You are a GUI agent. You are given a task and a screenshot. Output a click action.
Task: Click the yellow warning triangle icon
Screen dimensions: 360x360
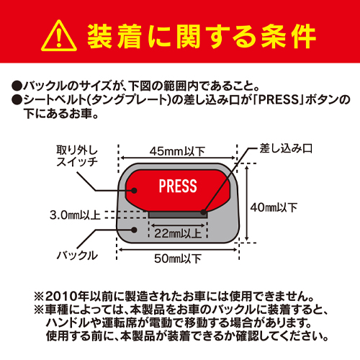tap(59, 36)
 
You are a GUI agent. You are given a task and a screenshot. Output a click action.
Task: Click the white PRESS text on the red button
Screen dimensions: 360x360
tap(178, 186)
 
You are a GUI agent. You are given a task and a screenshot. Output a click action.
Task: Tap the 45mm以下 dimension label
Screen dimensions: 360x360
tap(177, 151)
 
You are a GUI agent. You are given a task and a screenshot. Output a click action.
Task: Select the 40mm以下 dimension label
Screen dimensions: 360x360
tap(274, 207)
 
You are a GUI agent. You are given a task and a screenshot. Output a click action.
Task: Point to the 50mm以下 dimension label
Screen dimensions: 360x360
tap(178, 258)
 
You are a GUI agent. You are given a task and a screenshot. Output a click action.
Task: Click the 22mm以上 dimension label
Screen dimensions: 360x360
tap(178, 233)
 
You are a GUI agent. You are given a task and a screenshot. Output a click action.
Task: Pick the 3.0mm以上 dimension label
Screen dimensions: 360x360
tap(75, 215)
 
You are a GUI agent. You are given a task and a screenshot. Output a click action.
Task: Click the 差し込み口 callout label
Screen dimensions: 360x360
tap(286, 148)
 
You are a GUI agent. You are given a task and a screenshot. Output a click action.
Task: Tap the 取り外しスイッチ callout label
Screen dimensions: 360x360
tap(77, 156)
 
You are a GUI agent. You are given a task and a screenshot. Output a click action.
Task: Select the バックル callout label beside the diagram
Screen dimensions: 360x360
tap(77, 255)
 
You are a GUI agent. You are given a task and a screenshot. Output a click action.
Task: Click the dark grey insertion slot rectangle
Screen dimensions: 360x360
tap(178, 215)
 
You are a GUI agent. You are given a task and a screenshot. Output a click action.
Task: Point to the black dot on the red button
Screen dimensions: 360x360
tap(134, 191)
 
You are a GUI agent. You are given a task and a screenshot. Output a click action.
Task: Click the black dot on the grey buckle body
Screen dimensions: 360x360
tap(134, 230)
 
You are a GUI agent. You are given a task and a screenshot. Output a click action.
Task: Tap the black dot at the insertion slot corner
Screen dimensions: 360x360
tap(204, 212)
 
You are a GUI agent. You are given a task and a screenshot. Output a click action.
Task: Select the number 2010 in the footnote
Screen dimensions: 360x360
tap(58, 297)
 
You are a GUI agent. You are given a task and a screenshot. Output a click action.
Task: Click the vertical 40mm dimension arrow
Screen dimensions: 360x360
tap(247, 203)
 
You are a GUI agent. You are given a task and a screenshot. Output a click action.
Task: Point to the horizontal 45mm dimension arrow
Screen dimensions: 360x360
tap(178, 158)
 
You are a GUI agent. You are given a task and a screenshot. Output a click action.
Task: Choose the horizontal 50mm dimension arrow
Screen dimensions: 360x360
tap(178, 250)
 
